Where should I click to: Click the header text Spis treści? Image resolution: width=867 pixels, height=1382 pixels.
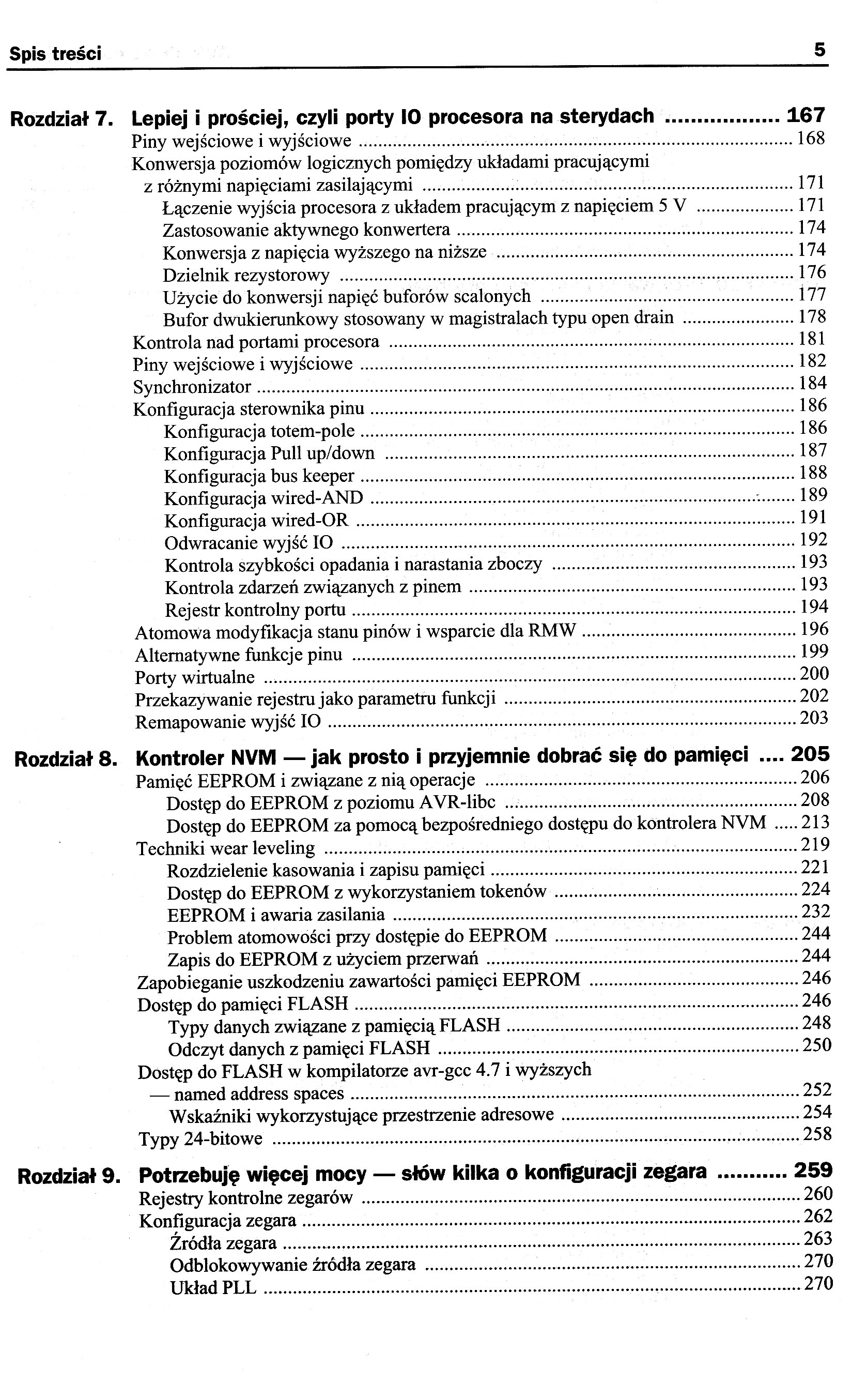[56, 54]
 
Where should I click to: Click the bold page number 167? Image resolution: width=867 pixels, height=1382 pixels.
[806, 115]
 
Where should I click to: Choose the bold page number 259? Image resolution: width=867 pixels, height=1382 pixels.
[813, 1171]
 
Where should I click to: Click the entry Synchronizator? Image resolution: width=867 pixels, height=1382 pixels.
[192, 387]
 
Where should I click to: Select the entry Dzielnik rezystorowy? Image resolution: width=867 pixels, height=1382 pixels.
[246, 276]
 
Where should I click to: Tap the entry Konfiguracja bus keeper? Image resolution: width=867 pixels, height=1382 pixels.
[259, 477]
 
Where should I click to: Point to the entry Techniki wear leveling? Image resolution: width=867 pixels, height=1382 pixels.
[225, 848]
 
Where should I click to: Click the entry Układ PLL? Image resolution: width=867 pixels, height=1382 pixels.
[213, 1289]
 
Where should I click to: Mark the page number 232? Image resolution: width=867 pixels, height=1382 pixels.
[815, 911]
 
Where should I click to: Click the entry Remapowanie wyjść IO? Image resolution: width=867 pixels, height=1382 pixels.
[228, 722]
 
